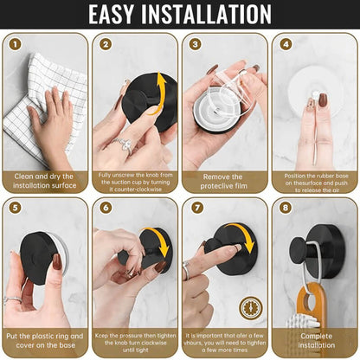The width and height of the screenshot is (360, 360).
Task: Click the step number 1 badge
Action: [x=16, y=44]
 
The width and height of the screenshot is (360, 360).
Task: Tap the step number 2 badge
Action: [x=106, y=44]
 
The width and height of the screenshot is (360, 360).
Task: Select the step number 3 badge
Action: [x=196, y=44]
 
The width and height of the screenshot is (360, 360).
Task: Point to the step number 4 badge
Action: [x=286, y=44]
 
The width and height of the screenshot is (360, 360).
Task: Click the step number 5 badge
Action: [x=16, y=208]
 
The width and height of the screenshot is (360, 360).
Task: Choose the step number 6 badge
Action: [x=106, y=208]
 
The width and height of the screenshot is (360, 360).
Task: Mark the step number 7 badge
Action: [x=196, y=208]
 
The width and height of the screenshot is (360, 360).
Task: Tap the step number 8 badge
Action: [x=286, y=208]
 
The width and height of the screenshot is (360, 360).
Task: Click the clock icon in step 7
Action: [x=250, y=306]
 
